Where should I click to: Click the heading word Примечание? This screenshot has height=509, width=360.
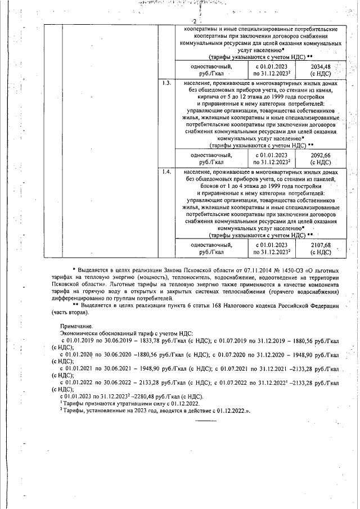[78, 326]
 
